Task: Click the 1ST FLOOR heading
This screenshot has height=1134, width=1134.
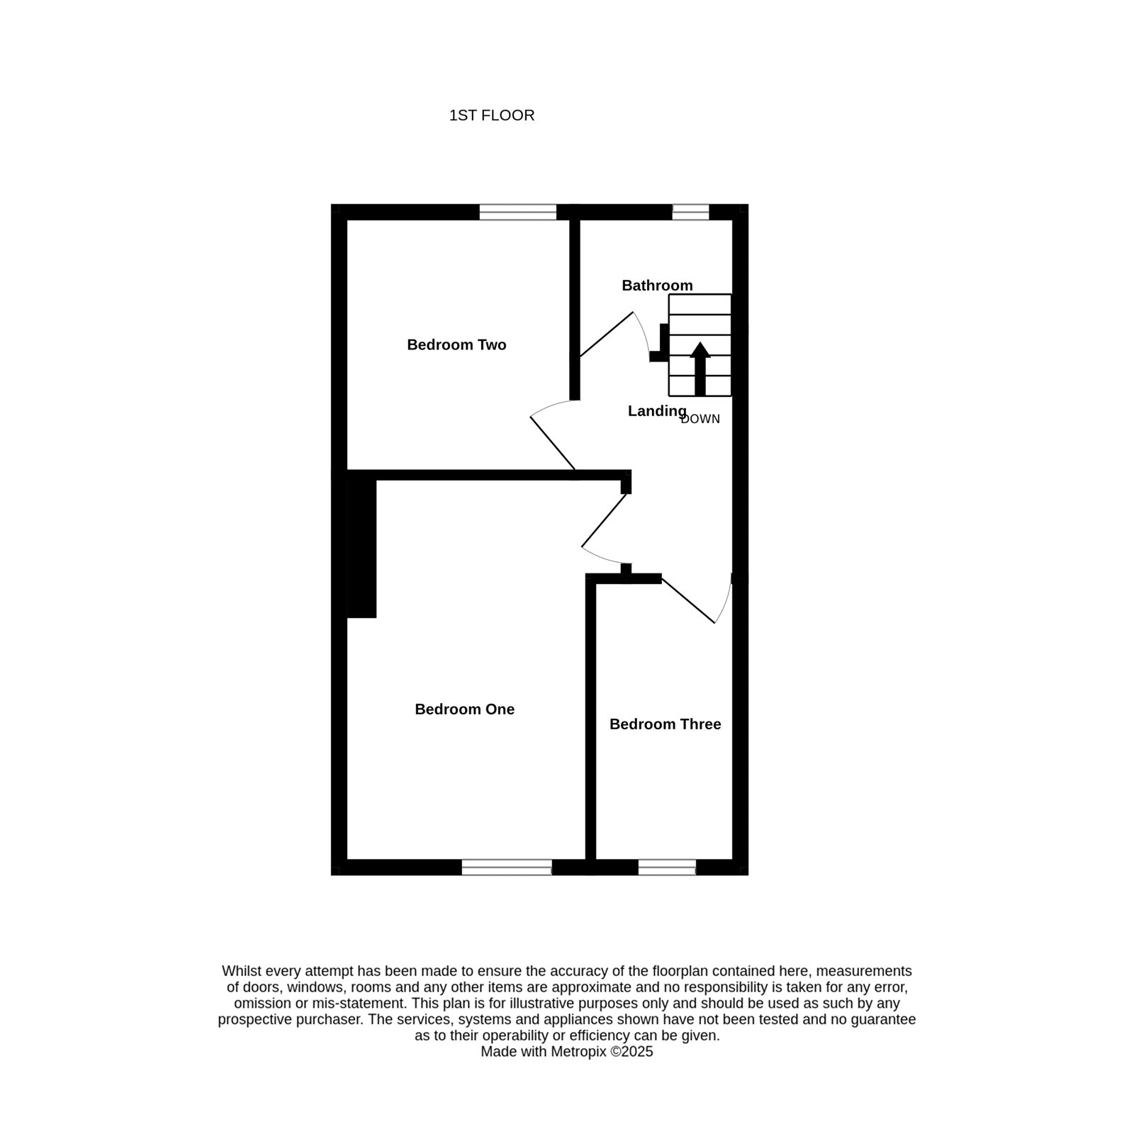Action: (x=491, y=116)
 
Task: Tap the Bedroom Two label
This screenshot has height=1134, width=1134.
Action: (x=456, y=345)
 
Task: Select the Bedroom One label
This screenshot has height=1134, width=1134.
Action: (x=464, y=709)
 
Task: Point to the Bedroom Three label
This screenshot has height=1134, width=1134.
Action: (x=665, y=724)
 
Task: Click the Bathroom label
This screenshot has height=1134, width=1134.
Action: (x=657, y=286)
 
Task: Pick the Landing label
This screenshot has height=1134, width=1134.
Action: (x=657, y=411)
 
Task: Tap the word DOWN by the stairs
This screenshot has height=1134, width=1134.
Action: (x=700, y=419)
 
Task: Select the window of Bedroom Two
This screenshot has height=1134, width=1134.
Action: (x=518, y=212)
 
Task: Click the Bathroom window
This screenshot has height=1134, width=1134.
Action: (x=690, y=212)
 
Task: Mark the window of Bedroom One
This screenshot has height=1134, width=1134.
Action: (x=507, y=867)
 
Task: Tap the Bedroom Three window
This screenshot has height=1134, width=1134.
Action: (x=667, y=867)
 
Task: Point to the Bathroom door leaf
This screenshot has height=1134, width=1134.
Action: (x=607, y=334)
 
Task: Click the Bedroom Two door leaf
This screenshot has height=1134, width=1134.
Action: (x=553, y=443)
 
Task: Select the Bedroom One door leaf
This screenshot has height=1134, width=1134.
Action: (x=605, y=521)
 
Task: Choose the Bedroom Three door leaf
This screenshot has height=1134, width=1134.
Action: (x=688, y=600)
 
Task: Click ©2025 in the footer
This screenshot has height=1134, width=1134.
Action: (x=632, y=1052)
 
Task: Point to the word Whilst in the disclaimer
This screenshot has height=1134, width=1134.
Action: (x=240, y=971)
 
